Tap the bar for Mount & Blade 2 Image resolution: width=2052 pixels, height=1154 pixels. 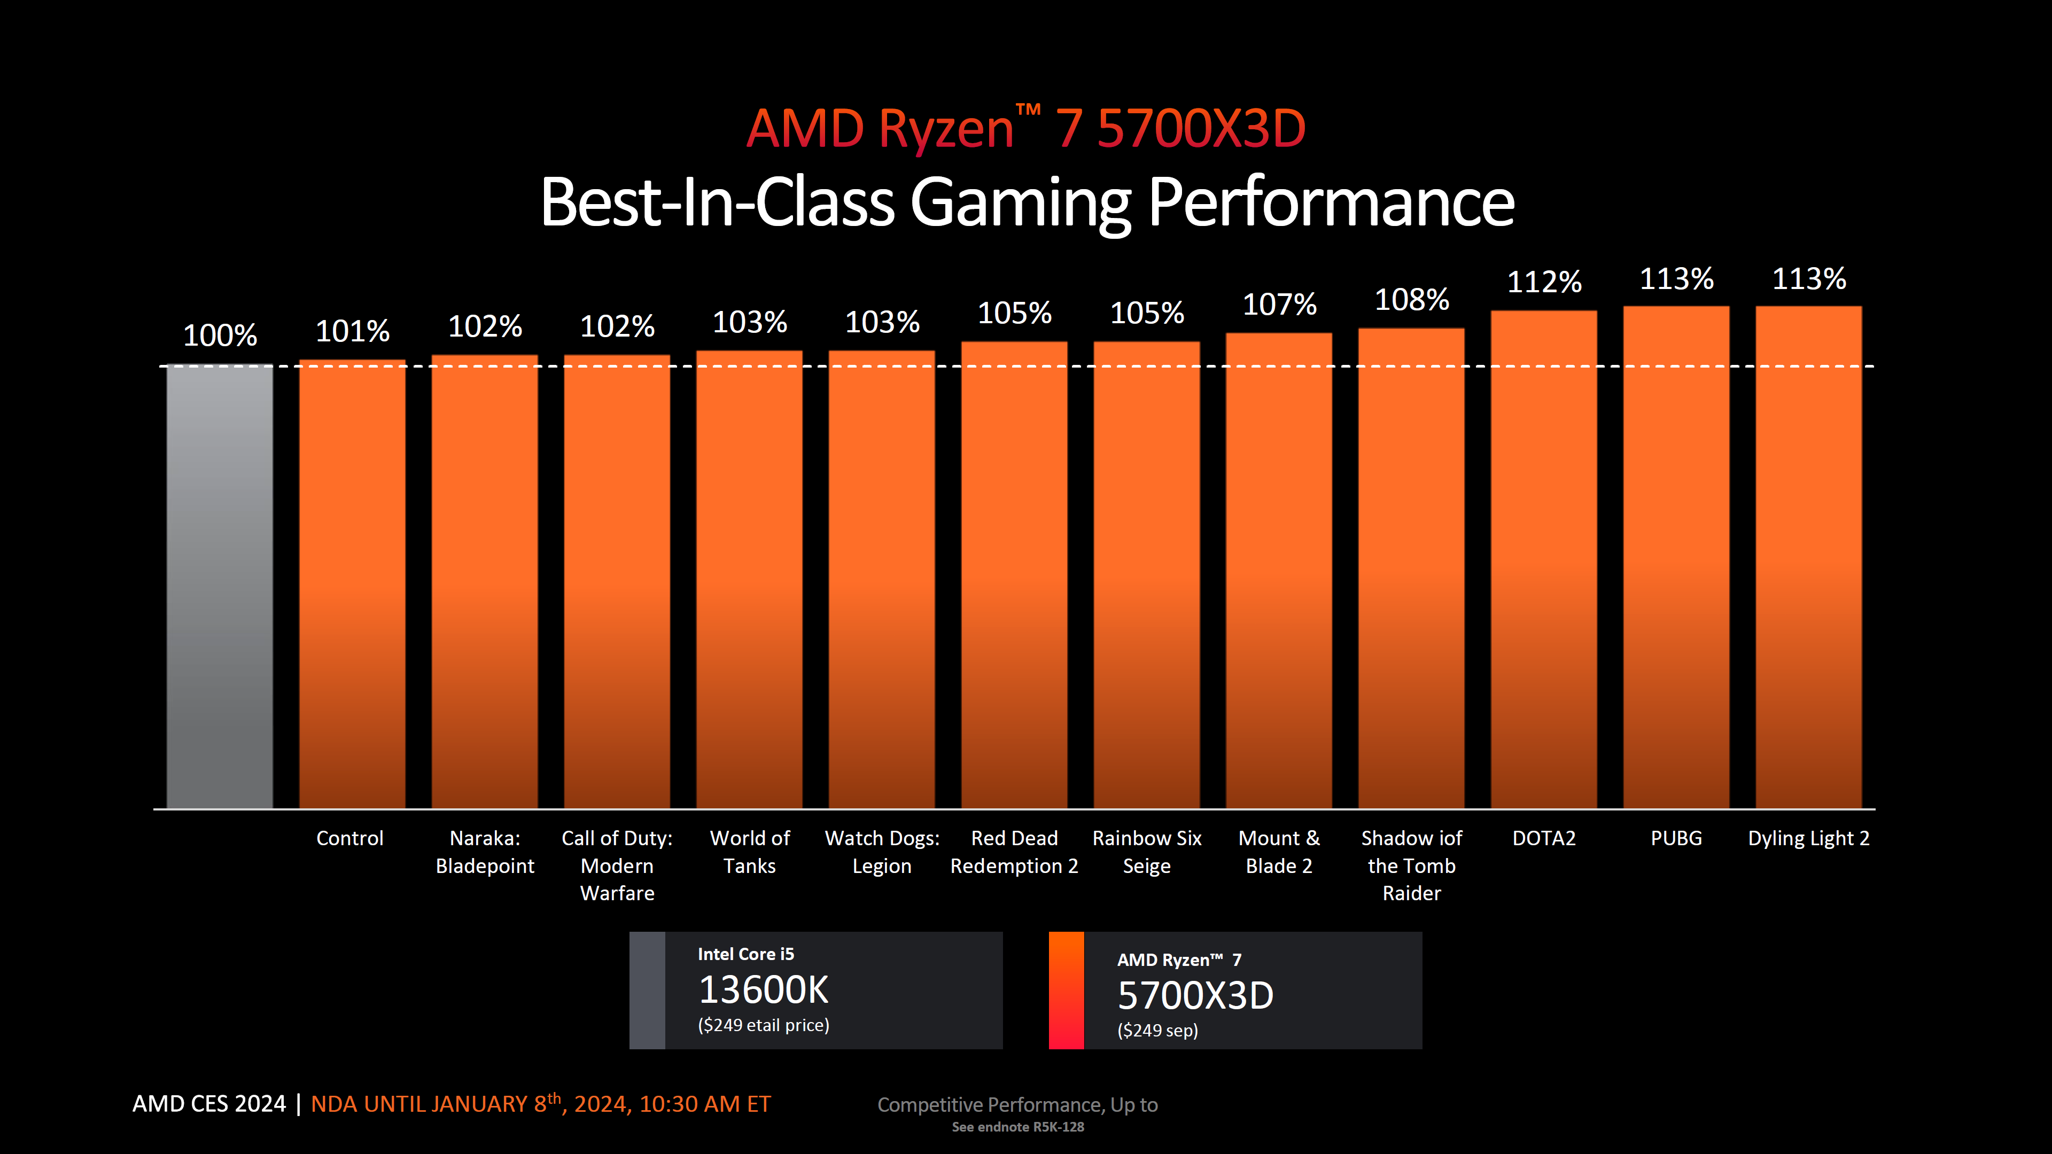1279,570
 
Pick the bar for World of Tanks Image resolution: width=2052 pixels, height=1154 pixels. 749,579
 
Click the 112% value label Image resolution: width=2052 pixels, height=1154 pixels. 1544,282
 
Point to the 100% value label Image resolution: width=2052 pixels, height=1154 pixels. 220,336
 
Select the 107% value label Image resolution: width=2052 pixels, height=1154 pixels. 1279,304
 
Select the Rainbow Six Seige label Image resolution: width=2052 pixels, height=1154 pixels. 1146,852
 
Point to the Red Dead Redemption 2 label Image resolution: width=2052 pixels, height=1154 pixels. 1014,852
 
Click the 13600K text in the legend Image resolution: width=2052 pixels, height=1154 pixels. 763,990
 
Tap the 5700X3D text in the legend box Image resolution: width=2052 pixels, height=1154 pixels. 1195,995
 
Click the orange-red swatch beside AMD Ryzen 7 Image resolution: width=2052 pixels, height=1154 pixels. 1066,990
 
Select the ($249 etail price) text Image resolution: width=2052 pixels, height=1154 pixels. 763,1025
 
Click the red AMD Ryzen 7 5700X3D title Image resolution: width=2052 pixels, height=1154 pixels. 1025,128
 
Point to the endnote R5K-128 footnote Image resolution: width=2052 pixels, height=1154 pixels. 1017,1127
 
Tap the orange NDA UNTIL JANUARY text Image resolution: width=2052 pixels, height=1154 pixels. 540,1104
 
